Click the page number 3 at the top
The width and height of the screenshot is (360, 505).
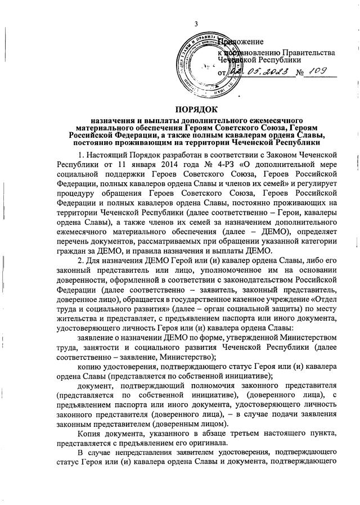pyautogui.click(x=196, y=23)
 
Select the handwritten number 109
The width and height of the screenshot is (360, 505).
pyautogui.click(x=319, y=71)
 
